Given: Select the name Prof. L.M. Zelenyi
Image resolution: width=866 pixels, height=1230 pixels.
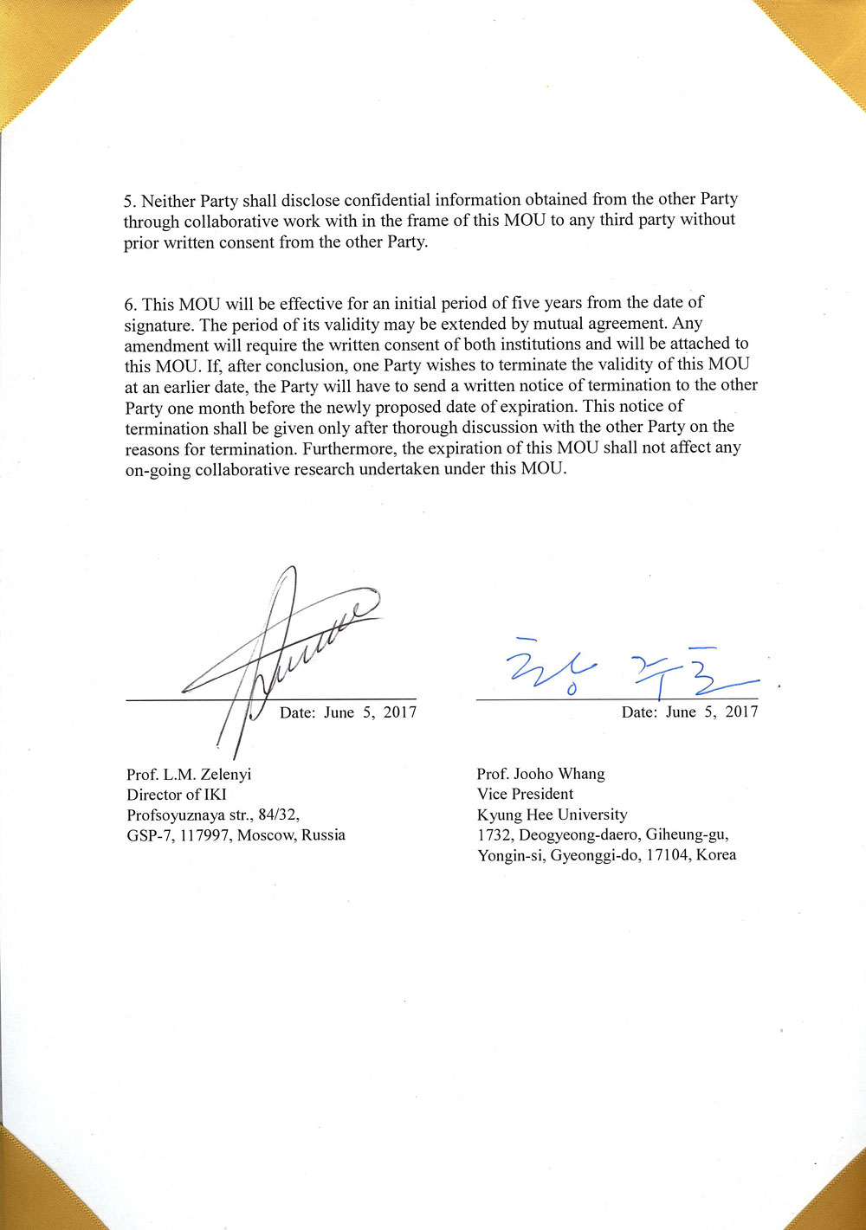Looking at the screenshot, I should point(189,774).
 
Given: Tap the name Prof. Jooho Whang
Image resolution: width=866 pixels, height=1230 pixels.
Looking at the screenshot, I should point(540,773).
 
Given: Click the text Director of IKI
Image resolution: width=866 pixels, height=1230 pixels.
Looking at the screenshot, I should point(176,795).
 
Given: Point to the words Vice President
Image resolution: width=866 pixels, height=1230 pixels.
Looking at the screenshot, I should point(525,794).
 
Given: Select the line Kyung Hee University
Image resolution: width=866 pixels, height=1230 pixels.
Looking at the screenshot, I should point(552,815).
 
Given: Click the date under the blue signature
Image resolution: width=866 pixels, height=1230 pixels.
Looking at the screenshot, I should point(689,712).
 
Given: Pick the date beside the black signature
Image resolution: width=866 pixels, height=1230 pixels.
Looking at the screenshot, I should point(347,712).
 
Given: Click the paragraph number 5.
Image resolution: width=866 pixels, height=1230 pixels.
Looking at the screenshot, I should point(129,201).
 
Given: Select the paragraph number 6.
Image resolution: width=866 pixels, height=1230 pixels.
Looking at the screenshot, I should point(129,304).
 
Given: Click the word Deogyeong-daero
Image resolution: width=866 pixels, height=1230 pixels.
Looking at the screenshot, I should point(576,835).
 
